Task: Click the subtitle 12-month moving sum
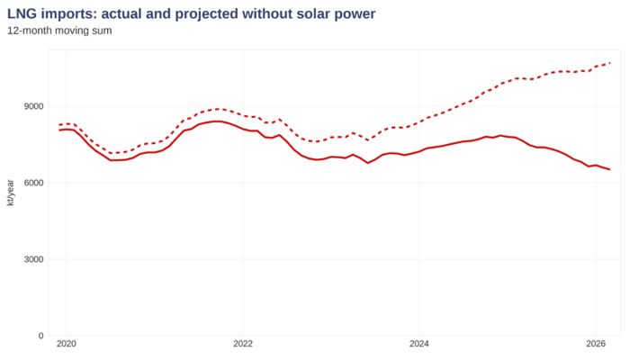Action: coord(59,31)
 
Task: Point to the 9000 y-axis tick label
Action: coord(34,106)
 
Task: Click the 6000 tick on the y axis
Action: coord(34,183)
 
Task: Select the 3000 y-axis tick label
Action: coord(34,259)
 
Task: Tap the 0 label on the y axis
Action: coord(40,336)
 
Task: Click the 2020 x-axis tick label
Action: coord(67,344)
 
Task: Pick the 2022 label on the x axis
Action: coord(243,344)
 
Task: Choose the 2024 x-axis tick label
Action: coord(419,344)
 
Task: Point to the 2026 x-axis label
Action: coord(596,344)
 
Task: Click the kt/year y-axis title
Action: coord(11,193)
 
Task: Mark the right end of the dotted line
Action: coord(610,63)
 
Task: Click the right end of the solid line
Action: coord(610,169)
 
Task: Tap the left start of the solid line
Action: coord(59,130)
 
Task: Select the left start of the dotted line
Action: coord(59,125)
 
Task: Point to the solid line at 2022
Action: coord(243,129)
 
